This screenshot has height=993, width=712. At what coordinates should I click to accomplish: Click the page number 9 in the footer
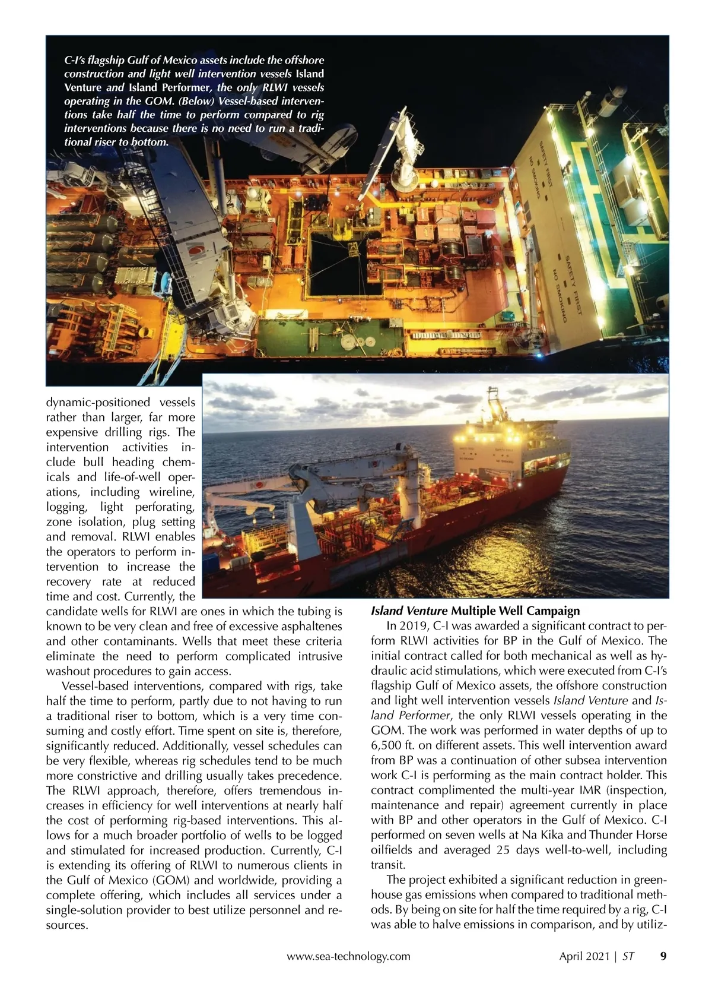[x=663, y=956]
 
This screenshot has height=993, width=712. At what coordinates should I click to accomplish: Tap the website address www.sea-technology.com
[x=348, y=956]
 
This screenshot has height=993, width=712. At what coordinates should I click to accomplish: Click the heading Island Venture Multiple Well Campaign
[x=475, y=611]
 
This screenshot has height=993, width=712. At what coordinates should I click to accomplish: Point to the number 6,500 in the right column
[x=388, y=745]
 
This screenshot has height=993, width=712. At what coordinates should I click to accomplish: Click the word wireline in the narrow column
[x=171, y=492]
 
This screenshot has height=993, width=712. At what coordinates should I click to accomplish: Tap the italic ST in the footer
[x=628, y=956]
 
